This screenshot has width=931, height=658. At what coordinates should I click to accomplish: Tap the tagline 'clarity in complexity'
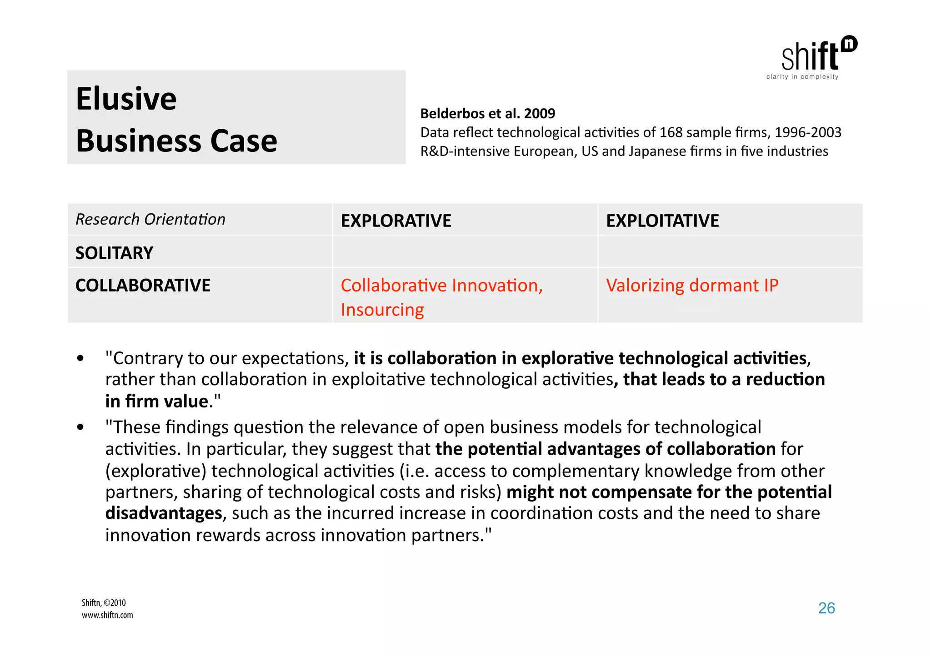(x=802, y=77)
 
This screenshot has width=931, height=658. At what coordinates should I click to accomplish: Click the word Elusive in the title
(x=126, y=99)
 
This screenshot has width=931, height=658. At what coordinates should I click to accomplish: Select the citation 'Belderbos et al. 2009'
(x=487, y=113)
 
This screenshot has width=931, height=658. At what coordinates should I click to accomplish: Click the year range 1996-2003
(x=808, y=132)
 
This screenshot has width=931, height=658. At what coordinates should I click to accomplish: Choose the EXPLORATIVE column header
(x=396, y=221)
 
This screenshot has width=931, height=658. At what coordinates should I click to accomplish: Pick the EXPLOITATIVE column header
(x=662, y=221)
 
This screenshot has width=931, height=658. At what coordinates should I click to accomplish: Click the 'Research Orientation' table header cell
(x=150, y=219)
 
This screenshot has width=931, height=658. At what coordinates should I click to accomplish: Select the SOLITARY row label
(x=114, y=253)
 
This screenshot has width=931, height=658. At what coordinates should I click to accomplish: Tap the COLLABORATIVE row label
(x=143, y=285)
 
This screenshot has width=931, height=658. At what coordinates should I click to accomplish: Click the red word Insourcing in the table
(x=382, y=310)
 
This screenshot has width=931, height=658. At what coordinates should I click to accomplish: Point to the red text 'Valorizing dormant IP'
(x=692, y=285)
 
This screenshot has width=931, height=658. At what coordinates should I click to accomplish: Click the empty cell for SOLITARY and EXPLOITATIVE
(x=730, y=252)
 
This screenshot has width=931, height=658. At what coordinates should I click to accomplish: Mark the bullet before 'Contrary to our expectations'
(x=80, y=359)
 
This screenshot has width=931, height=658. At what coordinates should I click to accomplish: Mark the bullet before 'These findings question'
(x=80, y=427)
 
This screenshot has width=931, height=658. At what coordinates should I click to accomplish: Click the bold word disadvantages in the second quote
(x=164, y=513)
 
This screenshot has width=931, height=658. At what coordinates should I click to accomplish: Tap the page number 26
(x=826, y=608)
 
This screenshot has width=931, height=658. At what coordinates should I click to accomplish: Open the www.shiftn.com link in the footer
(x=107, y=615)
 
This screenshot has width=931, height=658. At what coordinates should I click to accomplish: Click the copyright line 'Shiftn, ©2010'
(x=104, y=603)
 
